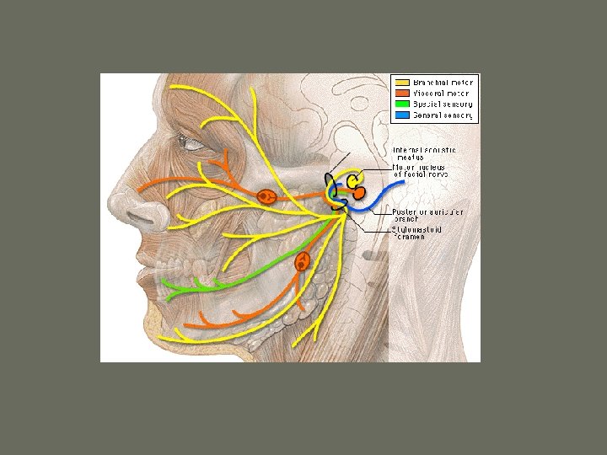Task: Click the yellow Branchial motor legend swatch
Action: click(400, 82)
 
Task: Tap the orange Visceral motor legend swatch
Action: click(400, 93)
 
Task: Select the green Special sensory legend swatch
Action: click(400, 104)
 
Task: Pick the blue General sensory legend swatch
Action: click(400, 115)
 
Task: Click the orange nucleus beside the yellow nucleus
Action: click(359, 193)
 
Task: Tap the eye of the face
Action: click(195, 143)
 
